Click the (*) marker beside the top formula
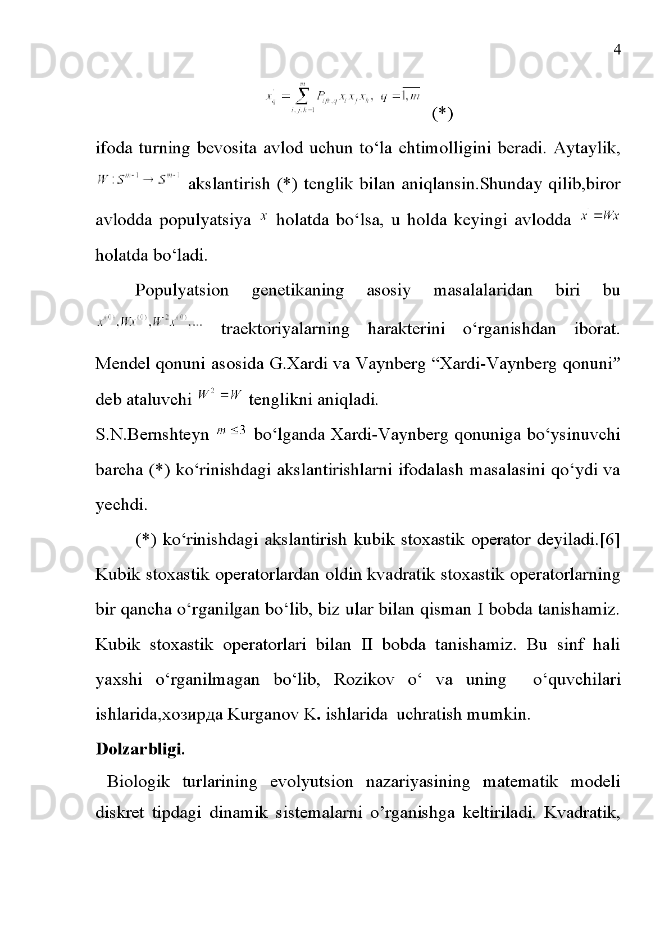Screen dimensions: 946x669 442,114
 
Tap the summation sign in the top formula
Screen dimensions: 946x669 302,96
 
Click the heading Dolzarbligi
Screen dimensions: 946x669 140,749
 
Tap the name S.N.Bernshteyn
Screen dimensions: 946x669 152,435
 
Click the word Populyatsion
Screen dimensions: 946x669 181,290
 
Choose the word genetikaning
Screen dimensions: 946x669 298,290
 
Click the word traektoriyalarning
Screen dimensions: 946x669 285,329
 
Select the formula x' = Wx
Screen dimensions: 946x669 600,216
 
